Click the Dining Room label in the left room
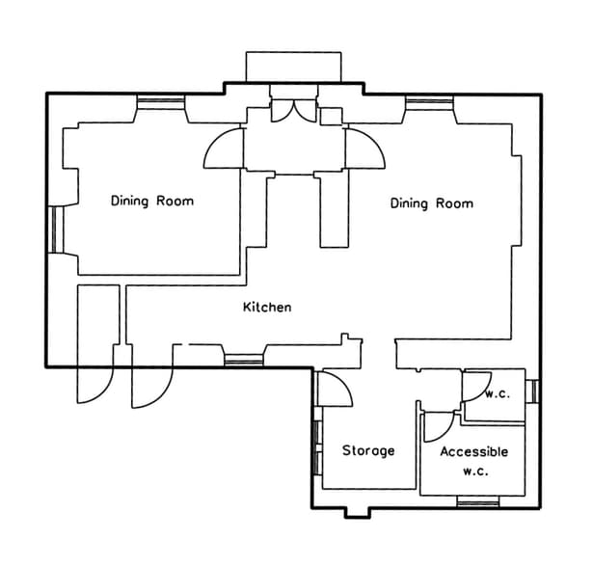pos(151,202)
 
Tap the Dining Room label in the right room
pos(431,203)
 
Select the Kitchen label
pos(266,308)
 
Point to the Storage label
pos(368,450)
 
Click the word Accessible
pos(473,451)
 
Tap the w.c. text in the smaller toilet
pos(498,393)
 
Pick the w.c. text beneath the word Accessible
pos(474,472)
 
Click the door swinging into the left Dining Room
pos(223,148)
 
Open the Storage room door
pos(337,389)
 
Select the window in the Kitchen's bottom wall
pos(243,361)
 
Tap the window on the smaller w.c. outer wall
pos(532,391)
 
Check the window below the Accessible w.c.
pos(478,500)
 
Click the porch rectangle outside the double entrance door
pos(293,67)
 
